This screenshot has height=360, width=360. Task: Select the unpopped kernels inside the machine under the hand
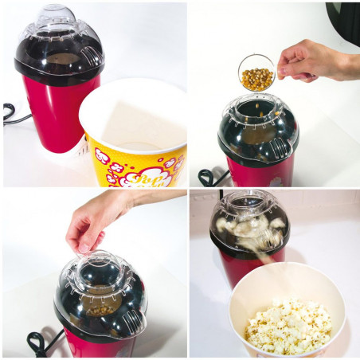(97, 303)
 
